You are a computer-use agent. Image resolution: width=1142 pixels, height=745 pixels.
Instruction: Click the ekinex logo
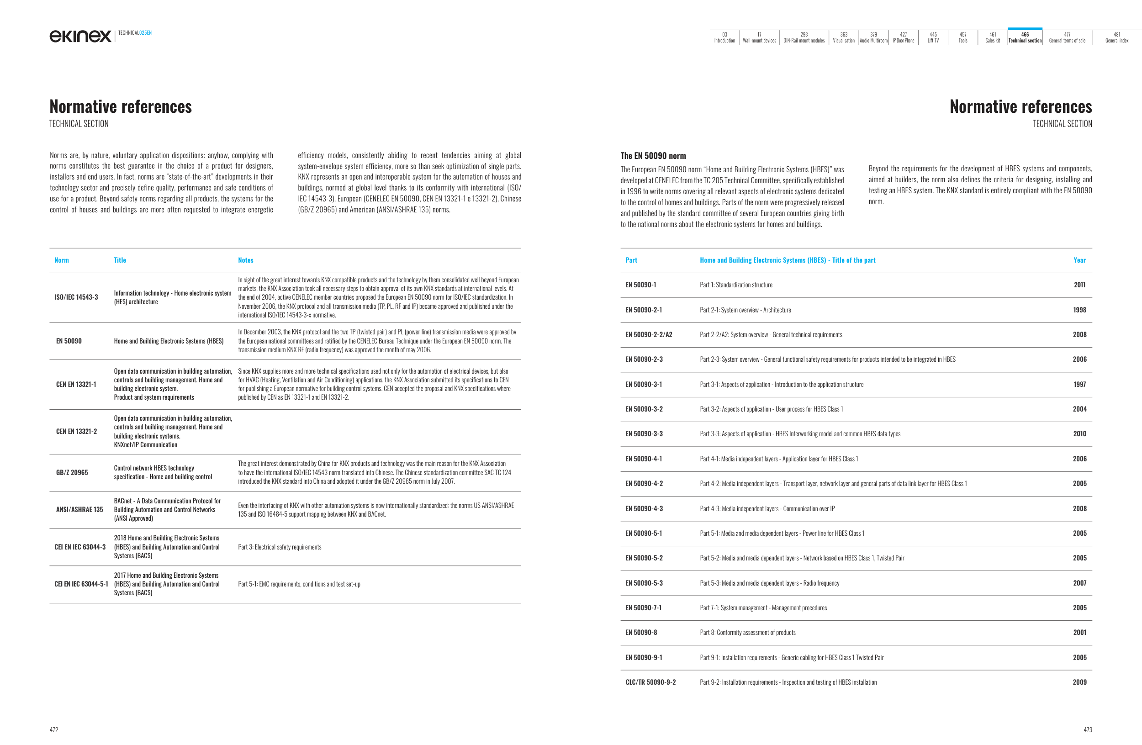80,36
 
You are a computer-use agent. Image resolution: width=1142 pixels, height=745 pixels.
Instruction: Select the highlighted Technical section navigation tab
1025,37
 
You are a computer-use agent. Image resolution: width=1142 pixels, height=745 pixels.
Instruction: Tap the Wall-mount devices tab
759,37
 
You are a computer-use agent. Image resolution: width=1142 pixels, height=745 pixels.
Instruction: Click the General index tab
1116,37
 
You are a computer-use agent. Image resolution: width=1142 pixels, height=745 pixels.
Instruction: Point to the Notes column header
246,260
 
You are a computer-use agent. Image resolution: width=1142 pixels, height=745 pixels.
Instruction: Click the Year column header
1079,260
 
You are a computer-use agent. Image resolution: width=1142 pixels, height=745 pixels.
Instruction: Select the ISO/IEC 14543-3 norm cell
76,297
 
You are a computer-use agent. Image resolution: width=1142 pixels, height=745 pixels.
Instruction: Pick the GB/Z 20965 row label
72,472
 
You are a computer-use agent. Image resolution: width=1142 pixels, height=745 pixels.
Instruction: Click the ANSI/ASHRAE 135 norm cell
79,509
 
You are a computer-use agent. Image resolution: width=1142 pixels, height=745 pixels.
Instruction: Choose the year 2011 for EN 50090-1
1079,285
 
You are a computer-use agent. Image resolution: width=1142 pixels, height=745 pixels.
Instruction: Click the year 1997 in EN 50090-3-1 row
1079,384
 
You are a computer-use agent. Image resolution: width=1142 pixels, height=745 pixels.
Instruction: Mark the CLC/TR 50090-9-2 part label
650,682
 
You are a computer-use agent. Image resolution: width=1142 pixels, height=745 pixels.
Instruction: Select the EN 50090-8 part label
641,632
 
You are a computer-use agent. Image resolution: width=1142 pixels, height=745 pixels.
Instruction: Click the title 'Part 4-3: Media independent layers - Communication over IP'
767,508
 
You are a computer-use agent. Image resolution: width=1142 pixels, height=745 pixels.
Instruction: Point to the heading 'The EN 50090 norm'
653,156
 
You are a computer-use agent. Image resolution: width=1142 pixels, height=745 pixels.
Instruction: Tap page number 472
54,729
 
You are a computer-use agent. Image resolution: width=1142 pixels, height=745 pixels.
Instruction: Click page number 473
1087,729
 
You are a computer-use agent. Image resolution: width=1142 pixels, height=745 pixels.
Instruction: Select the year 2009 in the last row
1079,682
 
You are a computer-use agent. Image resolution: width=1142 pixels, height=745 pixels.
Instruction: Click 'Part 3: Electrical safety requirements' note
280,547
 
